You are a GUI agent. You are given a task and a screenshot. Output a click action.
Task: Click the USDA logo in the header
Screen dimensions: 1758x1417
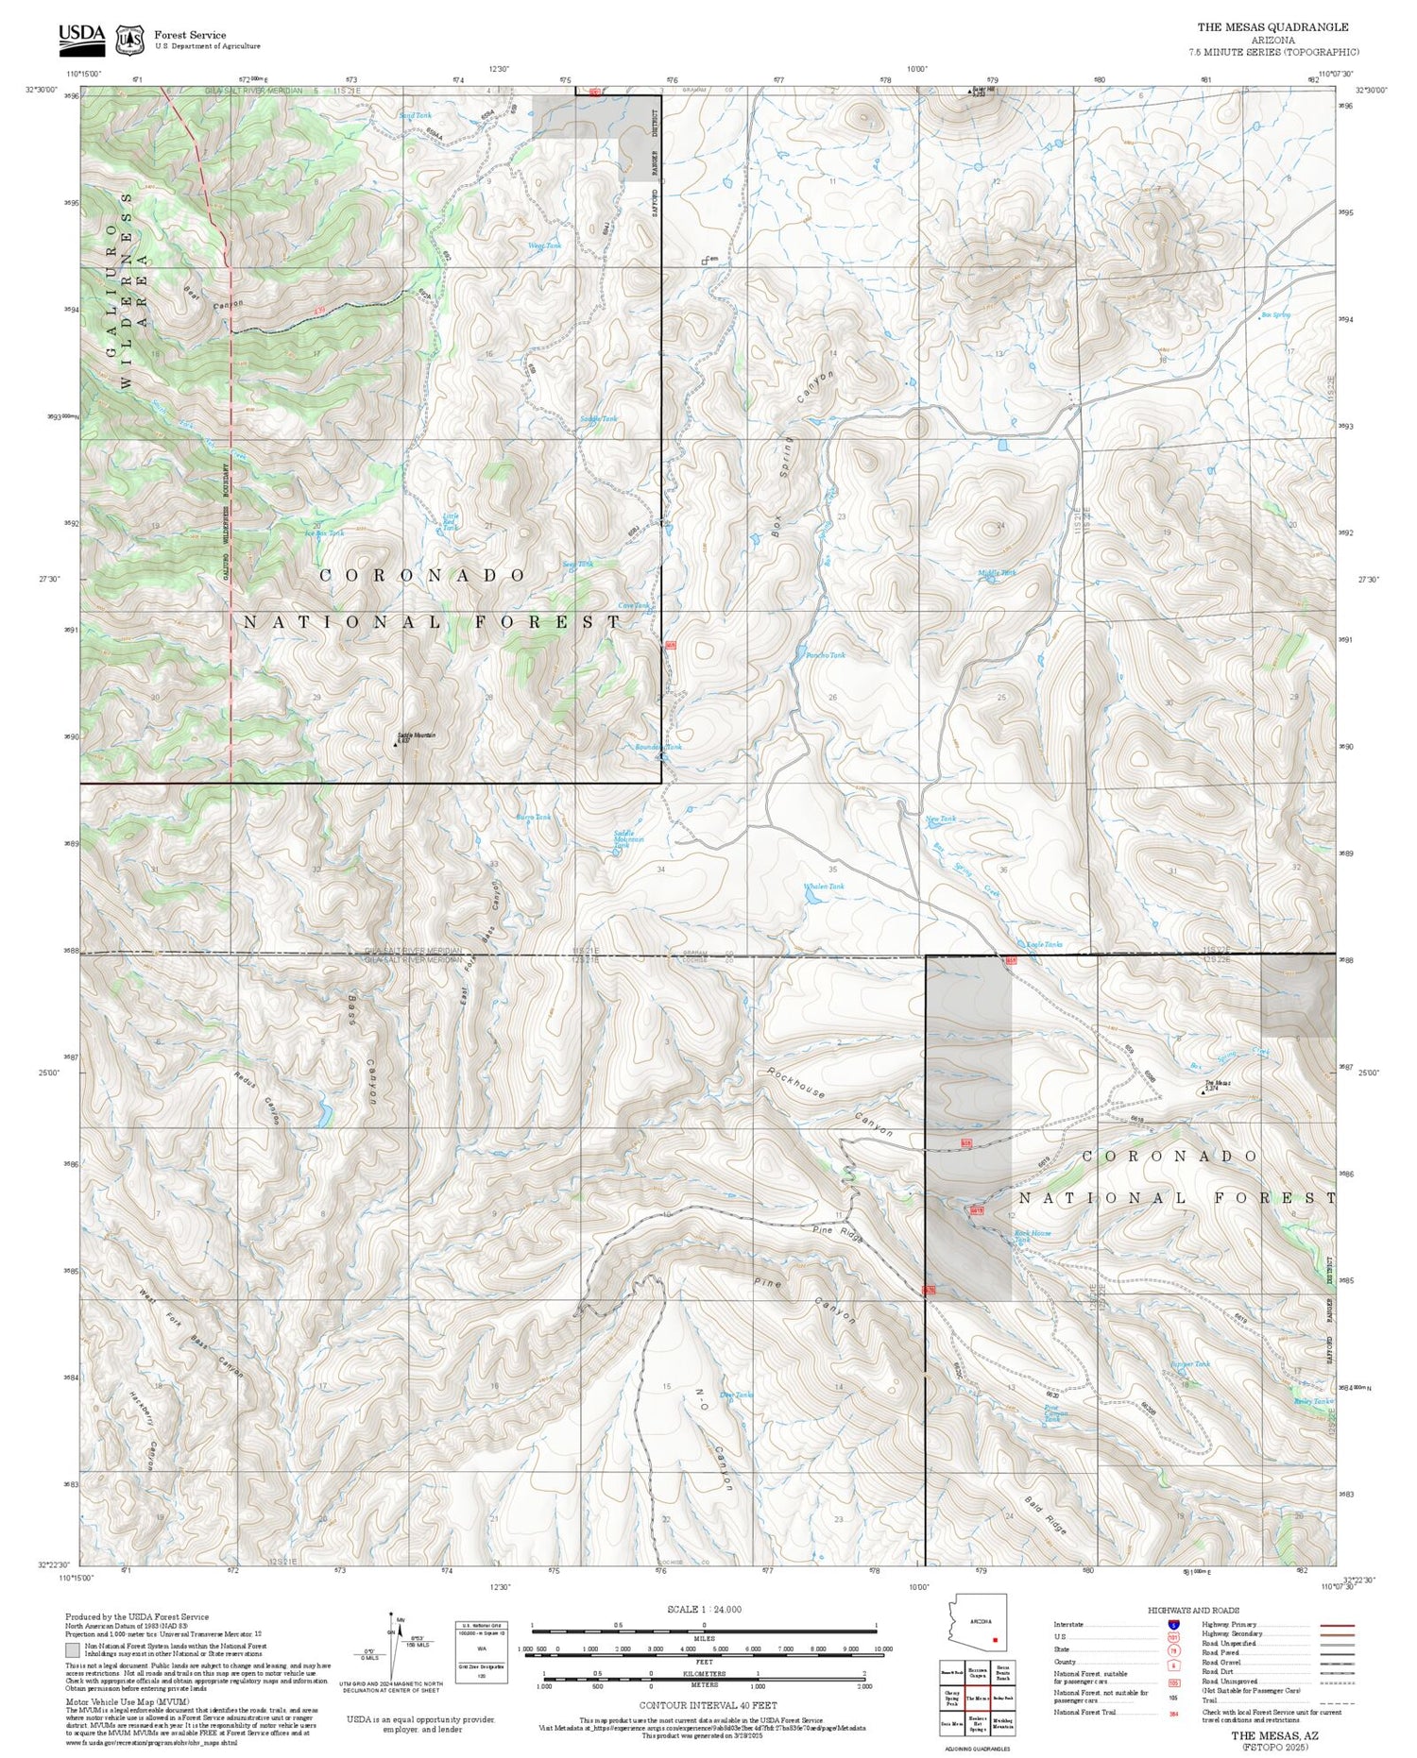[x=81, y=36]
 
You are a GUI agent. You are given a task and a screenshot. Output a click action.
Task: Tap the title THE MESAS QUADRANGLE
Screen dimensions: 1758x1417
[x=1272, y=27]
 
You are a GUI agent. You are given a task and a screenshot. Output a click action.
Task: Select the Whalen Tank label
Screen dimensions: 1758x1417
[x=823, y=887]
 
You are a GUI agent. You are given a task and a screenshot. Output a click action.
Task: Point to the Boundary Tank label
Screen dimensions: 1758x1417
[x=658, y=747]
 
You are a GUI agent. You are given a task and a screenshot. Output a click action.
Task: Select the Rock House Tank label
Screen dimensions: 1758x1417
[x=1032, y=1236]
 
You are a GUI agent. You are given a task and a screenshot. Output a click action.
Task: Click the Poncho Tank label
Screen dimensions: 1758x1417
[x=824, y=654]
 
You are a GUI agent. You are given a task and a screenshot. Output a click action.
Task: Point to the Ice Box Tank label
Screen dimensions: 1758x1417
[x=324, y=533]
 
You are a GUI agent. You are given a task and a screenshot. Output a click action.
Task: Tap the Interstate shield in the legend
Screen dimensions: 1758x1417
[x=1174, y=1624]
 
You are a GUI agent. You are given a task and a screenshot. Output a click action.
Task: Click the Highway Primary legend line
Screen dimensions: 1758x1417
[x=1334, y=1626]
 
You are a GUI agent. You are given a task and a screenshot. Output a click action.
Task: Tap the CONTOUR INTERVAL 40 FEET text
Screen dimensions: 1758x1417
[x=708, y=1705]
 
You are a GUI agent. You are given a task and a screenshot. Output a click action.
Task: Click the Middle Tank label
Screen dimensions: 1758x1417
[x=997, y=573]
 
